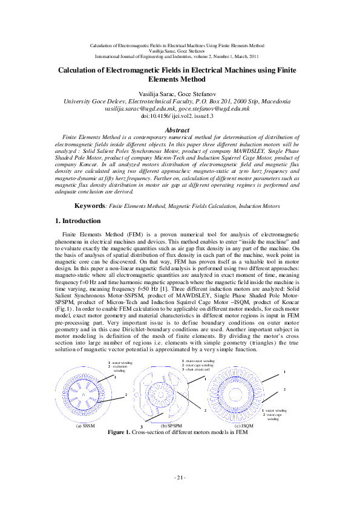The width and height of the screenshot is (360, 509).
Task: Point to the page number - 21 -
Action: pos(179,478)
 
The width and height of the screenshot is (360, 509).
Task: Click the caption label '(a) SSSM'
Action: pos(85,426)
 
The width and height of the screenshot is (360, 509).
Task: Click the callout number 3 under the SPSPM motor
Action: pos(141,427)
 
